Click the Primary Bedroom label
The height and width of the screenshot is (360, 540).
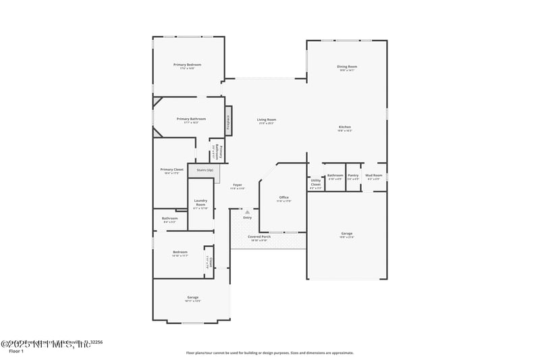click(187, 65)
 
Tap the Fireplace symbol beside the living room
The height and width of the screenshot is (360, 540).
click(229, 121)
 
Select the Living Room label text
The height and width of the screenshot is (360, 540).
click(266, 120)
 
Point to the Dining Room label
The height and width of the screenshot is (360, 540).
click(347, 66)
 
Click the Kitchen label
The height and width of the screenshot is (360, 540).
click(344, 127)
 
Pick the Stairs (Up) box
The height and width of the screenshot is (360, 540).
click(205, 170)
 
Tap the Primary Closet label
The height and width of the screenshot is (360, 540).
click(171, 170)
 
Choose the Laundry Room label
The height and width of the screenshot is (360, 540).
click(200, 201)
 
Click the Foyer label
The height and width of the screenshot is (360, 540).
click(238, 185)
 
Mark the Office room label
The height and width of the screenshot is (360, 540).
click(284, 198)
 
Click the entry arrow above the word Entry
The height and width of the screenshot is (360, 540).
click(247, 212)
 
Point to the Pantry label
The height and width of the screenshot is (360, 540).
click(353, 176)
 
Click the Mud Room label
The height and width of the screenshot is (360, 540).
click(374, 176)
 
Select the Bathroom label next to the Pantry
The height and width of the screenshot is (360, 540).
click(335, 176)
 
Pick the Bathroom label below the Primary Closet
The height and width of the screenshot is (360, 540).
click(169, 218)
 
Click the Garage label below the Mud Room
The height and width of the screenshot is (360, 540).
click(346, 234)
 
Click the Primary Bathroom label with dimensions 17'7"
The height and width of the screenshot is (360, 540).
click(190, 119)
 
